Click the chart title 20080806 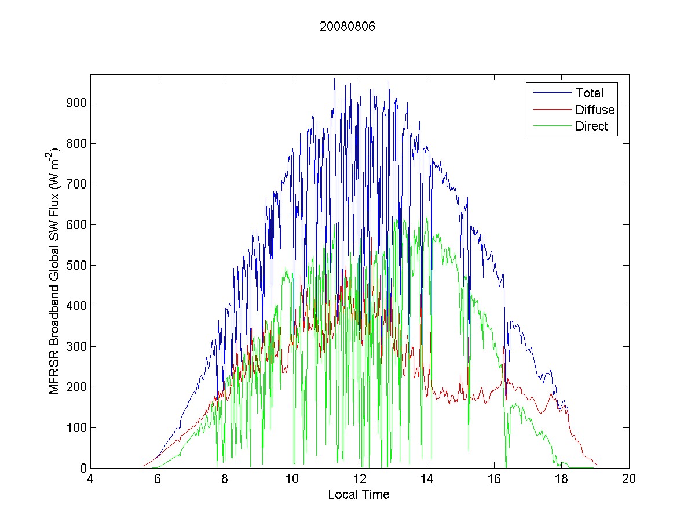coord(348,27)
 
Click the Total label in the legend coord(589,93)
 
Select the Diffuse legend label coord(595,110)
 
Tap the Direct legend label coord(591,126)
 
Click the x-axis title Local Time coord(359,495)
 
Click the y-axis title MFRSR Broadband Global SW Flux coord(54,271)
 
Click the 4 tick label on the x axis coord(90,480)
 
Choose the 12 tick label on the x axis coord(360,480)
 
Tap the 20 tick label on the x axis coord(629,480)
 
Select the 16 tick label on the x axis coord(494,480)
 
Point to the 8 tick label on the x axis coord(225,480)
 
